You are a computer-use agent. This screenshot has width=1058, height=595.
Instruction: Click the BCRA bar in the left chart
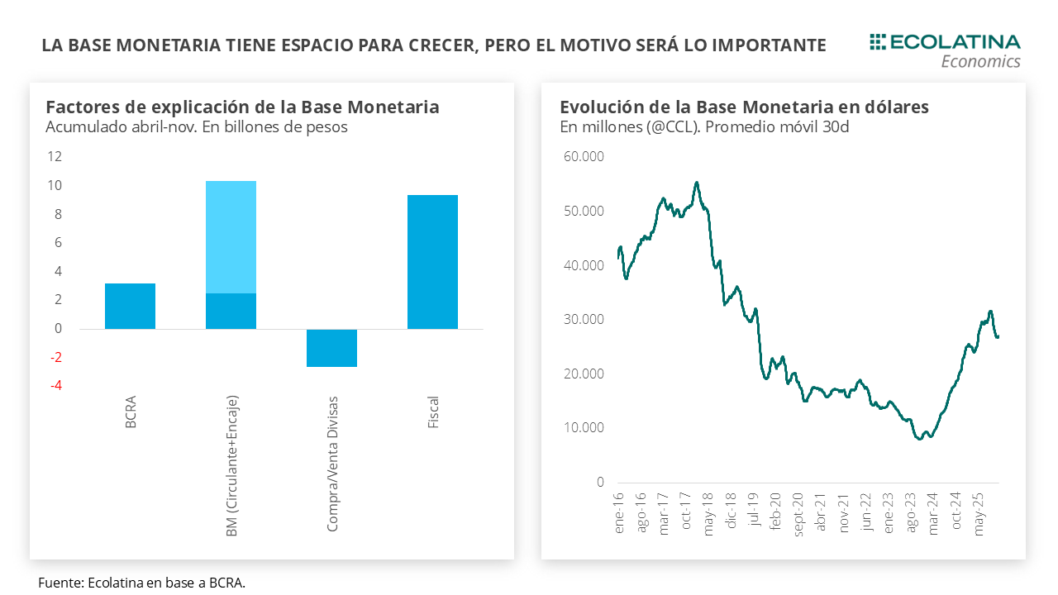tap(130, 306)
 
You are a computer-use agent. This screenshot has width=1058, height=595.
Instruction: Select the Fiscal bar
tap(432, 262)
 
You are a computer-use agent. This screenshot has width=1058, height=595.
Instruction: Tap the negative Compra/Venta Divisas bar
tap(331, 348)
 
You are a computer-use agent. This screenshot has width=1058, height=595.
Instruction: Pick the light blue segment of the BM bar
tap(231, 237)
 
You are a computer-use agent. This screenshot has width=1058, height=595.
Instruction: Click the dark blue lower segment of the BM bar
tap(231, 311)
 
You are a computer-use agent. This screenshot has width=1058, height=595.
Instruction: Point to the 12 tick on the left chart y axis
tap(55, 156)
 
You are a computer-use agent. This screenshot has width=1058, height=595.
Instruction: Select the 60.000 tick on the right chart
tap(584, 156)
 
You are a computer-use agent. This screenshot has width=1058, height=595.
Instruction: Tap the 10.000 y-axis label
tap(584, 428)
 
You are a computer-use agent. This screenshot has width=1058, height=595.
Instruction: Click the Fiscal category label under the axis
tap(433, 412)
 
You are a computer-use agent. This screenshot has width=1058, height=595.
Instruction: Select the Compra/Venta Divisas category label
tap(332, 463)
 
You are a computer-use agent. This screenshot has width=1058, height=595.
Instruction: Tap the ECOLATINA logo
tap(945, 42)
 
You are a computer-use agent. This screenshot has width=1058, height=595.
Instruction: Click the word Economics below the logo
tap(980, 62)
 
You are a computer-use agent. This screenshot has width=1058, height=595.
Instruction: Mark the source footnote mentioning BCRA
tap(141, 583)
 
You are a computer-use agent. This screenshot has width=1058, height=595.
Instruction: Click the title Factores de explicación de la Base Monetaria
tap(242, 107)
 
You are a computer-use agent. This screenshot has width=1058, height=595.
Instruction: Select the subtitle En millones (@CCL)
tap(704, 127)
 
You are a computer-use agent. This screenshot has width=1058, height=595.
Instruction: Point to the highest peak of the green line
tap(697, 183)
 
